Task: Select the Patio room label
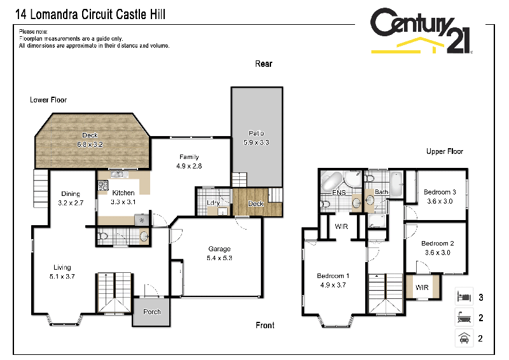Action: pyautogui.click(x=256, y=134)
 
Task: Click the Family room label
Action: pyautogui.click(x=188, y=157)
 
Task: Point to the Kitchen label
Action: pyautogui.click(x=123, y=193)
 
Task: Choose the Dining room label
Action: pyautogui.click(x=71, y=194)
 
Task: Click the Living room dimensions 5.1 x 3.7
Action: pyautogui.click(x=62, y=277)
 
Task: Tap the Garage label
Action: pyautogui.click(x=220, y=249)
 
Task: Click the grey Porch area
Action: pyautogui.click(x=152, y=312)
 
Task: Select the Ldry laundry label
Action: pyautogui.click(x=213, y=203)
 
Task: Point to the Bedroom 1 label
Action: pyautogui.click(x=333, y=275)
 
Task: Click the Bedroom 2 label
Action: pyautogui.click(x=438, y=243)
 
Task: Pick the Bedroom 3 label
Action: pyautogui.click(x=440, y=192)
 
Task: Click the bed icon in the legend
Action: pyautogui.click(x=463, y=297)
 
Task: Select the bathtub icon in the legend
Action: pyautogui.click(x=463, y=317)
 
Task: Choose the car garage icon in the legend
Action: pyautogui.click(x=463, y=338)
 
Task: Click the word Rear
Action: pyautogui.click(x=263, y=64)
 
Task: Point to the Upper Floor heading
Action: pyautogui.click(x=445, y=151)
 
